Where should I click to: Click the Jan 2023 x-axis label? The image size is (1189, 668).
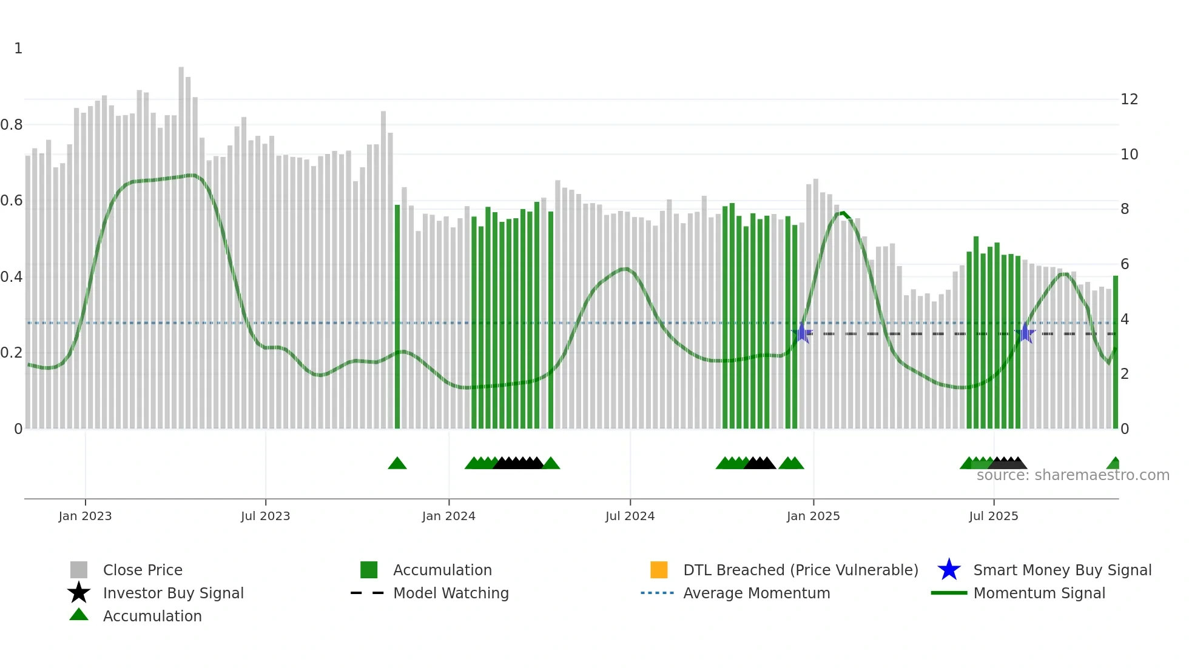point(85,516)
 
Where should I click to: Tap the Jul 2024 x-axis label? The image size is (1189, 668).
point(630,516)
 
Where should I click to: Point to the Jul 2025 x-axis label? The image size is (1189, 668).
point(993,516)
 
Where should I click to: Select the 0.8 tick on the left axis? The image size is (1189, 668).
point(12,125)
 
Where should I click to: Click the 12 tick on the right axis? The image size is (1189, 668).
point(1129,99)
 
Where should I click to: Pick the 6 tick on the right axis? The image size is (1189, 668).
point(1125,264)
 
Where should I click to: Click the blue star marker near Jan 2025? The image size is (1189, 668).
point(802,333)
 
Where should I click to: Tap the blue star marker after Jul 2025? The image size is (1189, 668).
point(1025,333)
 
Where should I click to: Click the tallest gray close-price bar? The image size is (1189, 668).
point(181,242)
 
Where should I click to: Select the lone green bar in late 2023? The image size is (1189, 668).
point(397,315)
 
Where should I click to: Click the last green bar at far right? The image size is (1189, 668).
point(1116,352)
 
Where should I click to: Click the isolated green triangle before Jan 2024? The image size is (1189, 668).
point(397,464)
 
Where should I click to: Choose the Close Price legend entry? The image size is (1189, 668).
point(143,570)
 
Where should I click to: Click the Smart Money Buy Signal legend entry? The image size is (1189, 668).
point(1062,570)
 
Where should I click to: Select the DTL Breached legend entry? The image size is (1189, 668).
point(800,570)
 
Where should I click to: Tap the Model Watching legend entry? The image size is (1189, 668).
point(451,593)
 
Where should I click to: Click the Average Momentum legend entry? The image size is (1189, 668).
point(756,593)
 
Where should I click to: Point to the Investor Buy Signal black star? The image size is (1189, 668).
point(79,593)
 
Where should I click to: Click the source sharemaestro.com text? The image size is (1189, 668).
point(1073,475)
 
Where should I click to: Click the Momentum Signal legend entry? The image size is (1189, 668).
point(1039,593)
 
